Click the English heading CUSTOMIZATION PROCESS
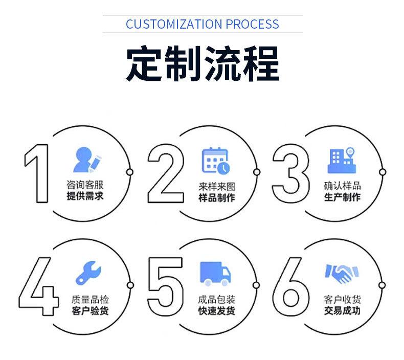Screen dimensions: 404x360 click(x=202, y=24)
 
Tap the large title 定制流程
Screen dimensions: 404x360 click(x=202, y=63)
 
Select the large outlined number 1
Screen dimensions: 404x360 click(x=37, y=173)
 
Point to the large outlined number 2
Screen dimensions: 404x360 click(x=165, y=173)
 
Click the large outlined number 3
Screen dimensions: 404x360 click(x=290, y=173)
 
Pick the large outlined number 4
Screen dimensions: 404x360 click(x=37, y=287)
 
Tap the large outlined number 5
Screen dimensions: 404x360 click(x=165, y=287)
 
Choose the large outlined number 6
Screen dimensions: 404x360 click(x=290, y=287)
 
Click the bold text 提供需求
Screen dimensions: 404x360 click(x=85, y=196)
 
